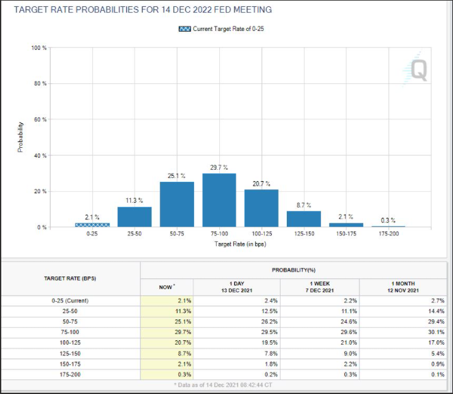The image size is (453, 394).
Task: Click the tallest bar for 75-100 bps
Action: [x=219, y=200]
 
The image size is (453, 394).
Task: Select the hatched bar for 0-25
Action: [x=92, y=224]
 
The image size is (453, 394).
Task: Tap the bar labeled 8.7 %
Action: [x=303, y=218]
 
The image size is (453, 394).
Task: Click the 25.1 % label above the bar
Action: [x=176, y=176]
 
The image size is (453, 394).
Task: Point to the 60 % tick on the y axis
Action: [x=39, y=119]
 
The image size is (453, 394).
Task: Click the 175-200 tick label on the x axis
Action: [x=389, y=234]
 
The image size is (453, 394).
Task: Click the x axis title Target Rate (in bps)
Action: [x=240, y=243]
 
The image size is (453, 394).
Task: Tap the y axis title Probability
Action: [x=20, y=137]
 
